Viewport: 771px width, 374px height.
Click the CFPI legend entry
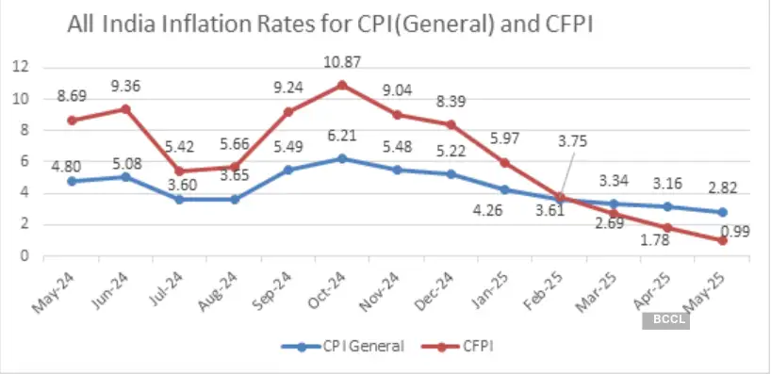tap(468, 346)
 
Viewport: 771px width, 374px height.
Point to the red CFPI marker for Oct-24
tap(342, 84)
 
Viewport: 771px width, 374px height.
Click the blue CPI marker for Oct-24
tap(342, 158)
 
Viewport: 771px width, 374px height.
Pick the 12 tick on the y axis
tap(22, 67)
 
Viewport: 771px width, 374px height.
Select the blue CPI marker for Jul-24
tap(178, 199)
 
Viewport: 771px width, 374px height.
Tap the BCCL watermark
tap(668, 320)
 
